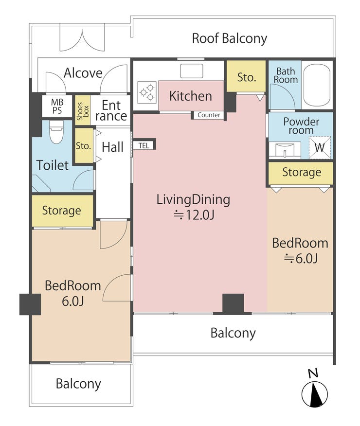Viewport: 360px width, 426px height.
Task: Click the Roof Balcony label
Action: coord(229,38)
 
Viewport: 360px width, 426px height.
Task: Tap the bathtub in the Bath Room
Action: coord(317,85)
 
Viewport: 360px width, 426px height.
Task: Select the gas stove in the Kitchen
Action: coord(147,92)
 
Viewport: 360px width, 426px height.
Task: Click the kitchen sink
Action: coord(192,71)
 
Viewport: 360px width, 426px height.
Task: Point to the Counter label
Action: coord(209,115)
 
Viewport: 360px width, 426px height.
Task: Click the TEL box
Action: coord(144,145)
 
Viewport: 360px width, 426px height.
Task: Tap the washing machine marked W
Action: coord(320,147)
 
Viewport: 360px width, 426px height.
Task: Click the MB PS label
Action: coord(57,106)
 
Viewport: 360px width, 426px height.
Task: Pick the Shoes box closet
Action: coord(83,110)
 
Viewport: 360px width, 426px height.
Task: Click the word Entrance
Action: coord(111,110)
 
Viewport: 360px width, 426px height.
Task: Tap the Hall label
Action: coord(112,147)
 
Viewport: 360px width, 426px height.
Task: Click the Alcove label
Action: coord(83,73)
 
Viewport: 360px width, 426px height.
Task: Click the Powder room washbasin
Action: coord(285,150)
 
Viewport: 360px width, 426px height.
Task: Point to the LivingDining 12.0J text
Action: coord(193,207)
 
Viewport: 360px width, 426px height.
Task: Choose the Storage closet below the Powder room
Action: coord(301,173)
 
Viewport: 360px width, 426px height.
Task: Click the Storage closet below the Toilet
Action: coord(62,211)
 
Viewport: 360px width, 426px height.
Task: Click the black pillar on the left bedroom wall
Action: coord(30,304)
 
